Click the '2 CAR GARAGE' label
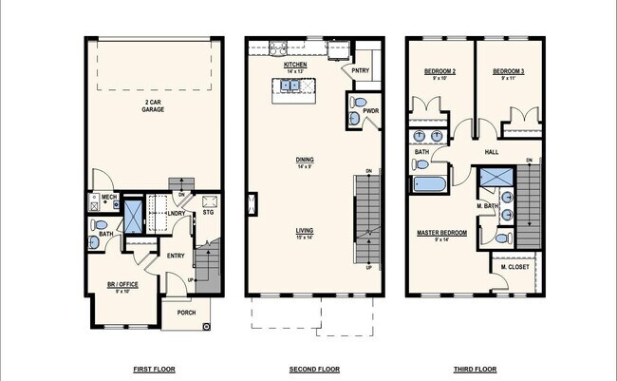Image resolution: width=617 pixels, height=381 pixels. point(154,106)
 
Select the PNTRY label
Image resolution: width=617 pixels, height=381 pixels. point(360,70)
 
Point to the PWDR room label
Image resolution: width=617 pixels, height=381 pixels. point(369,112)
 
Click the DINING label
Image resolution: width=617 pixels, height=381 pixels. point(305,160)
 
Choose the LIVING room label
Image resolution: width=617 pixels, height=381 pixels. point(305,231)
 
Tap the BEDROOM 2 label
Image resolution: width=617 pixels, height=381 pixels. point(439,72)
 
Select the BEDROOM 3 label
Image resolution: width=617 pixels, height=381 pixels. point(510,72)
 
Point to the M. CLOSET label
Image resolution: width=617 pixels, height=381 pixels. point(514,267)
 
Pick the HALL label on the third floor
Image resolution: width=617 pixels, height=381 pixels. point(492,151)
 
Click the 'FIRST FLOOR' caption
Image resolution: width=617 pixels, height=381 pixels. point(154,369)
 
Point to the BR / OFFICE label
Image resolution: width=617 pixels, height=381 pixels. point(122,284)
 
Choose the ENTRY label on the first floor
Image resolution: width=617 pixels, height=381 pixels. point(177,256)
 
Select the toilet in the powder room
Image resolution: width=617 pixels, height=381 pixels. point(358,103)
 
